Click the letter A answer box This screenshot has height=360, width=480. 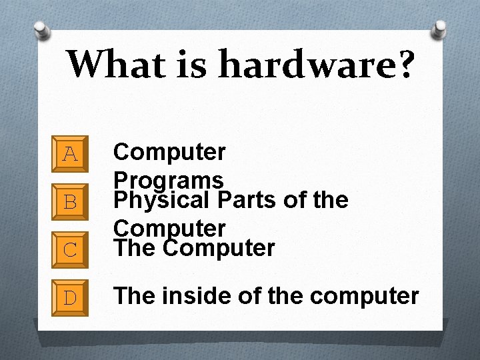[x=70, y=155]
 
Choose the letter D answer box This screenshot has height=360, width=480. [x=70, y=295]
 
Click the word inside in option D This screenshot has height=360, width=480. [x=195, y=295]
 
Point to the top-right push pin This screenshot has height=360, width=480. [x=439, y=28]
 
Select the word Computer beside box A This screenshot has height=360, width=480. [x=170, y=152]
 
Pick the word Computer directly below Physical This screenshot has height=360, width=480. [x=170, y=229]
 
